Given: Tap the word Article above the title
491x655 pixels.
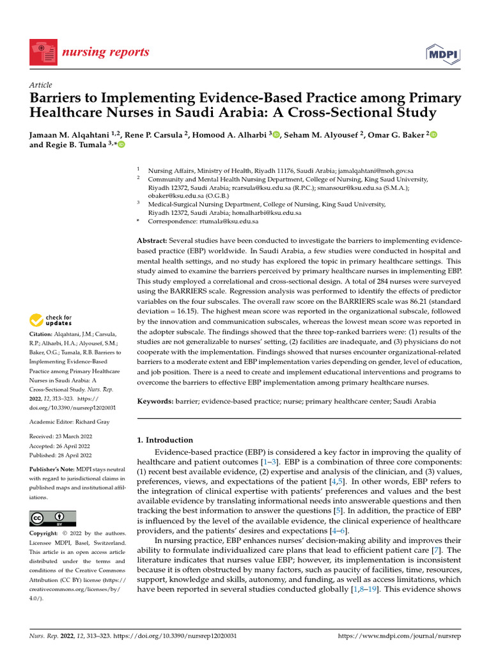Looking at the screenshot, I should click(x=41, y=85).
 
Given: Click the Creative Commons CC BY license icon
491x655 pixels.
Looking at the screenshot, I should click(x=52, y=519).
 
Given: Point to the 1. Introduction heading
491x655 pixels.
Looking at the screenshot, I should click(x=166, y=440).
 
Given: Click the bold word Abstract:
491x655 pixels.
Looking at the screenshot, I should click(x=153, y=239).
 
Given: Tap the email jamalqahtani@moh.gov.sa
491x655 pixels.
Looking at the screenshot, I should click(x=376, y=171).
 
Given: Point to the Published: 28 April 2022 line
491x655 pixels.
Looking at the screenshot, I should click(x=61, y=455).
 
